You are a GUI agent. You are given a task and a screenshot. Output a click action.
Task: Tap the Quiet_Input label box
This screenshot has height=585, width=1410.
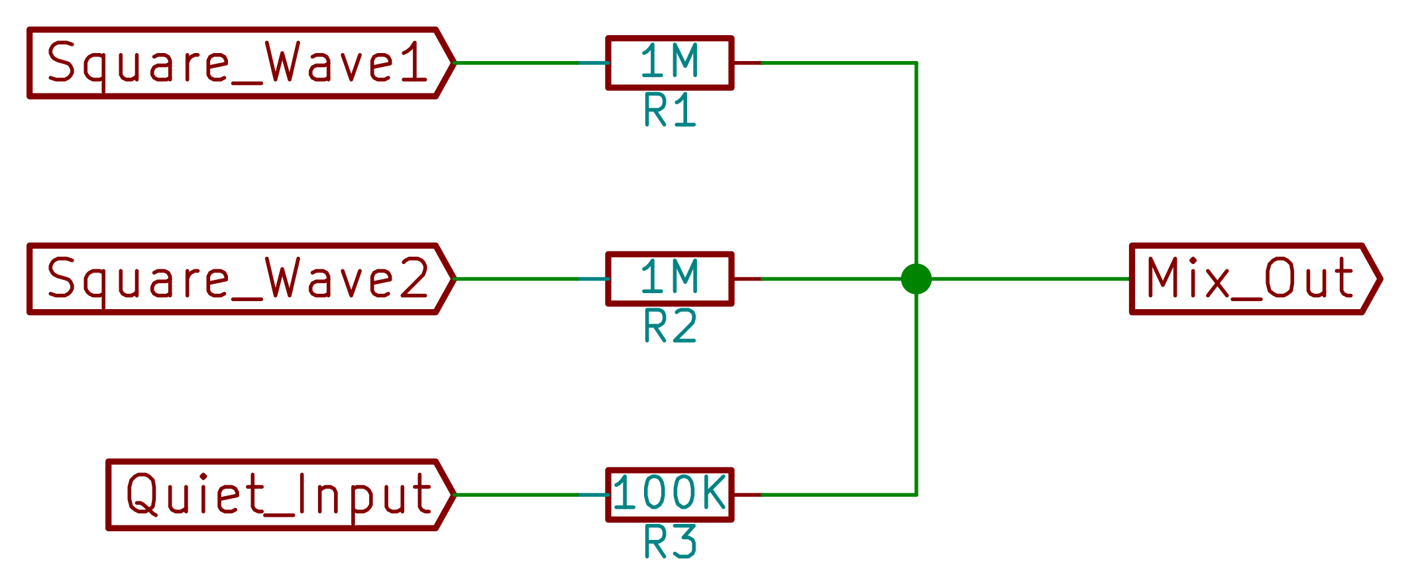(278, 495)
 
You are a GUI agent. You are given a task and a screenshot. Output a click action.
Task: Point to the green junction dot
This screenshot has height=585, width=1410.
(916, 279)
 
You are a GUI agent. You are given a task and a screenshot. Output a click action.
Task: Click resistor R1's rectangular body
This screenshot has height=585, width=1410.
(670, 63)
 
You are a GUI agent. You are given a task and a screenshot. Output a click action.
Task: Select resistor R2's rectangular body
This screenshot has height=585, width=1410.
(670, 279)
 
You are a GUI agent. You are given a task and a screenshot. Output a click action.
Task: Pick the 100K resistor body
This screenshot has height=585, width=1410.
(670, 495)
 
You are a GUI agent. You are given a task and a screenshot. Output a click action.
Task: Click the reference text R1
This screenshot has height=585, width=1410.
(670, 111)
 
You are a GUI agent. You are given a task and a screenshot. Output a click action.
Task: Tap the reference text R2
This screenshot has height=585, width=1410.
(670, 326)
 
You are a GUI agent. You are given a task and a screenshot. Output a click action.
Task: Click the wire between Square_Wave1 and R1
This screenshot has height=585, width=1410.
(517, 63)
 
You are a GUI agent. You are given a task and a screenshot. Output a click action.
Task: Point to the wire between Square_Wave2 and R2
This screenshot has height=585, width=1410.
(517, 279)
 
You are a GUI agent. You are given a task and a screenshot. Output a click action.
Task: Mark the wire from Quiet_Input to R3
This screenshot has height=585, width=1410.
(517, 495)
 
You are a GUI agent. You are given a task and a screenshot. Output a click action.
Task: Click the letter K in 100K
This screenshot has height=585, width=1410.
(714, 492)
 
